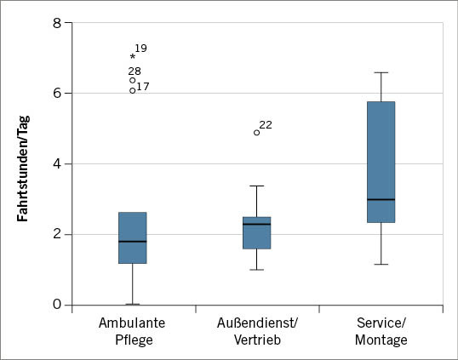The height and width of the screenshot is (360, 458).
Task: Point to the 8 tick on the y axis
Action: [x=56, y=22]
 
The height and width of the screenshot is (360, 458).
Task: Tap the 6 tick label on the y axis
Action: [x=56, y=93]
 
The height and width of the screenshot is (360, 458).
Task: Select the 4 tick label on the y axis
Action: [x=56, y=163]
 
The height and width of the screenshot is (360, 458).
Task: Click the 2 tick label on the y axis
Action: [x=56, y=234]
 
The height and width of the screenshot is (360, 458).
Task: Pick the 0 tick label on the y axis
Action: [x=56, y=305]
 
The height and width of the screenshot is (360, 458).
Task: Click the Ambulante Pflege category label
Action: [x=132, y=331]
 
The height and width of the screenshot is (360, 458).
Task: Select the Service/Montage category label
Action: [x=381, y=331]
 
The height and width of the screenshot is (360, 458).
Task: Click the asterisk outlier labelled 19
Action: [x=133, y=57]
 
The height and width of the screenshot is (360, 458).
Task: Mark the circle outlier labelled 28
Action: [x=133, y=80]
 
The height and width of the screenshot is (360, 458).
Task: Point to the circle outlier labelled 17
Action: [x=133, y=89]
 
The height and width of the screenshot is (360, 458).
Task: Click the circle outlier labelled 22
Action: [x=256, y=132]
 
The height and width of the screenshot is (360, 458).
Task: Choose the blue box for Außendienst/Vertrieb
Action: [x=256, y=232]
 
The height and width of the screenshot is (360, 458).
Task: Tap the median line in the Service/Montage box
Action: [x=381, y=199]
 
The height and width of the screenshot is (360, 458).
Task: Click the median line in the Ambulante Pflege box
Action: [x=132, y=242]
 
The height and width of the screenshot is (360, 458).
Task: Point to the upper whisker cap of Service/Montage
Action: [x=381, y=72]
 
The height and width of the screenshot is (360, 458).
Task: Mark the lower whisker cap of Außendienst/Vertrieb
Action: [x=256, y=270]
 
